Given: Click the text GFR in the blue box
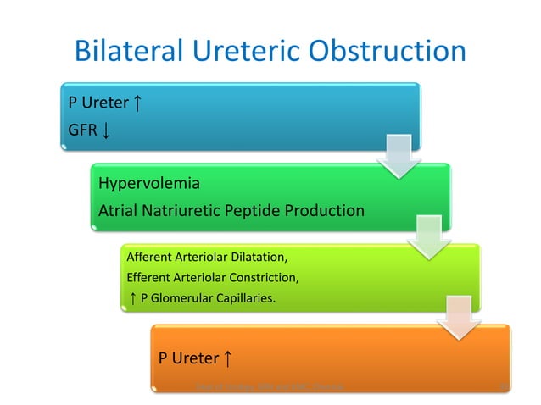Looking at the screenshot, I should [82, 131].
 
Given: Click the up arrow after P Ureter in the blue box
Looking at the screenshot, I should [137, 103].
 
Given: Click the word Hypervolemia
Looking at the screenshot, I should [150, 183].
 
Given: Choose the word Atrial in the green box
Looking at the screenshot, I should [120, 210].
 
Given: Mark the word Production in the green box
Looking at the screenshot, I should [326, 210].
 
